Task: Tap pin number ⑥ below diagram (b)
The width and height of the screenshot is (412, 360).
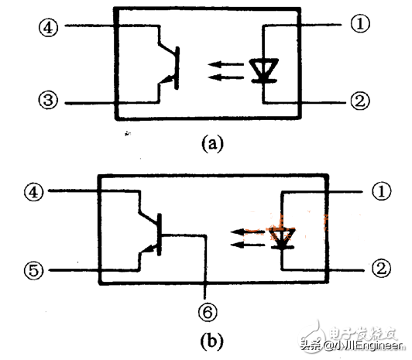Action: coord(207,312)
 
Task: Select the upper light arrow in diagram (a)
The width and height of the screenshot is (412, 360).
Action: coord(225,65)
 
